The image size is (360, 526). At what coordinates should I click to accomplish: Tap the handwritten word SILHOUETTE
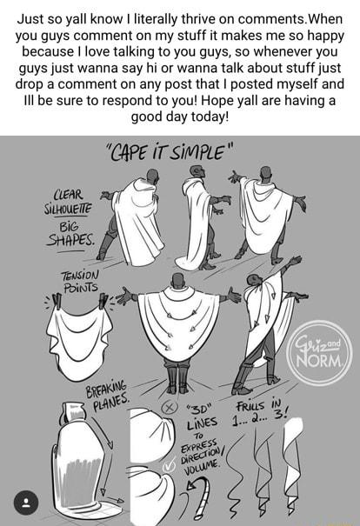click(x=68, y=210)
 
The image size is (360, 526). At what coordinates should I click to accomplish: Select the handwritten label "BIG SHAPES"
click(x=70, y=235)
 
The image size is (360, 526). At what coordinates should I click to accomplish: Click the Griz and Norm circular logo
click(x=319, y=353)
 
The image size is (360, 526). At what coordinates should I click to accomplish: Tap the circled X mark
click(x=169, y=408)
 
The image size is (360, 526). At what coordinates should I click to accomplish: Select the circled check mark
click(x=169, y=467)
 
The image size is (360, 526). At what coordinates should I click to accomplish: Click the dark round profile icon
click(x=26, y=503)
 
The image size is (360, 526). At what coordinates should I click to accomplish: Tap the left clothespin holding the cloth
click(x=57, y=301)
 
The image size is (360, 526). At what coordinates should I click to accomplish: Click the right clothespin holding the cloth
click(x=103, y=301)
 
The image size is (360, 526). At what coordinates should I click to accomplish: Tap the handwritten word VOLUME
click(x=202, y=467)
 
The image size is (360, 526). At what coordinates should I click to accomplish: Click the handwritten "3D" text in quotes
click(x=201, y=409)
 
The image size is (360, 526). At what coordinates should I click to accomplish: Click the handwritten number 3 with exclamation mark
click(x=280, y=413)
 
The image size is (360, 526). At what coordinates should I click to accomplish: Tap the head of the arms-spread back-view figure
click(x=177, y=281)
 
